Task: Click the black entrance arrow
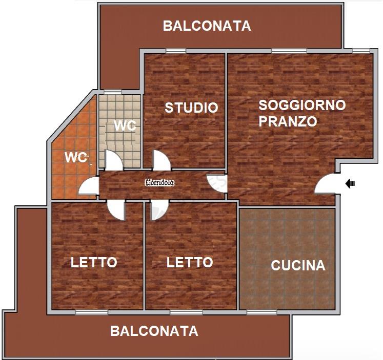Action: pyautogui.click(x=350, y=183)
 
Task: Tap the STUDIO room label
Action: pyautogui.click(x=192, y=108)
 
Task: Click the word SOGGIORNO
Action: pyautogui.click(x=302, y=105)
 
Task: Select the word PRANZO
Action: pyautogui.click(x=288, y=121)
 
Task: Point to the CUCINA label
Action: pyautogui.click(x=298, y=266)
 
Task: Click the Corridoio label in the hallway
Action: pyautogui.click(x=160, y=182)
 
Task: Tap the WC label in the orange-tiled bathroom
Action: pyautogui.click(x=76, y=157)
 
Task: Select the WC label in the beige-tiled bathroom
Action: pyautogui.click(x=125, y=125)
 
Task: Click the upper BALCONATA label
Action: pyautogui.click(x=207, y=26)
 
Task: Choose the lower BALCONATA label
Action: pyautogui.click(x=154, y=331)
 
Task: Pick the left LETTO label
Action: pyautogui.click(x=94, y=262)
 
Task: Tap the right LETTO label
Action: pyautogui.click(x=190, y=262)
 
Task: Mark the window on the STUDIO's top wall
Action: pyautogui.click(x=176, y=51)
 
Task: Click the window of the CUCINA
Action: pyautogui.click(x=261, y=312)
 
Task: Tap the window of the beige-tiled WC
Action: pyautogui.click(x=113, y=92)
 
